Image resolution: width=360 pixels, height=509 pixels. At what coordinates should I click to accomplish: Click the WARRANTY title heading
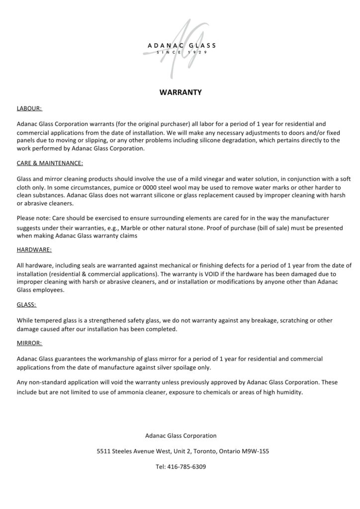coord(180,92)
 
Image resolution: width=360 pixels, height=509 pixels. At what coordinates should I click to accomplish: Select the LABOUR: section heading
coord(29,107)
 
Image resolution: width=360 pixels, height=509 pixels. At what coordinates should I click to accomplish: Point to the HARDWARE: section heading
coord(34,250)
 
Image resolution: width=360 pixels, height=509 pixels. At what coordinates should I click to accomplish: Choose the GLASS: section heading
coord(26,305)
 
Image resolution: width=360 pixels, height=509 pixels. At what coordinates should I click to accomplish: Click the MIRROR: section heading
coord(29,343)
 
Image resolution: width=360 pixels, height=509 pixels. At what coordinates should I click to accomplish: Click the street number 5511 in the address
coord(104,452)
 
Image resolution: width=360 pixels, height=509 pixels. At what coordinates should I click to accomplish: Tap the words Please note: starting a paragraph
coord(32,218)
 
